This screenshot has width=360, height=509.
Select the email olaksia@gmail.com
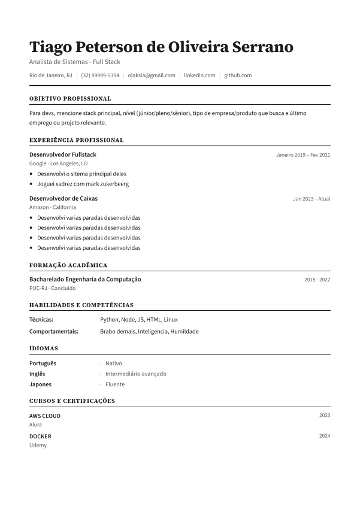pos(152,75)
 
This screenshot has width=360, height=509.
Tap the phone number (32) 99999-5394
pos(100,75)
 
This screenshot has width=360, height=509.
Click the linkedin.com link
pos(199,75)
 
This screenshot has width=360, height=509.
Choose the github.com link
pos(238,75)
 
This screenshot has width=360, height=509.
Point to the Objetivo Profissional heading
pos(70,98)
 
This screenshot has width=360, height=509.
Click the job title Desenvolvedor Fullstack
pos(63,154)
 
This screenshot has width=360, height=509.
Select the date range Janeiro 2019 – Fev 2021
pos(303,155)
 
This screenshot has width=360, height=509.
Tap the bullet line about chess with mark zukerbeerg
pos(83,184)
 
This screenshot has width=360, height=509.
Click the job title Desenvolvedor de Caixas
pos(63,198)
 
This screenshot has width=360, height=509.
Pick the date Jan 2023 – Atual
pos(311,199)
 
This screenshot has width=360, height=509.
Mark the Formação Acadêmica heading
pos(68,265)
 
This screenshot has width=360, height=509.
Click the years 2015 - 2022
pos(317,280)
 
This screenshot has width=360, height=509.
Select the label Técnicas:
pos(41,320)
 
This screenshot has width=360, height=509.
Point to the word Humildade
pos(184,331)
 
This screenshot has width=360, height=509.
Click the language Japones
pos(40,384)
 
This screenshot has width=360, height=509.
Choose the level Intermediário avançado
pos(136,374)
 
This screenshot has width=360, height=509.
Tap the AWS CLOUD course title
pos(45,416)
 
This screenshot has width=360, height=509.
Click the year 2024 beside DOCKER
pos(325,437)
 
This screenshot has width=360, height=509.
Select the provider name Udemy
pos(38,446)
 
